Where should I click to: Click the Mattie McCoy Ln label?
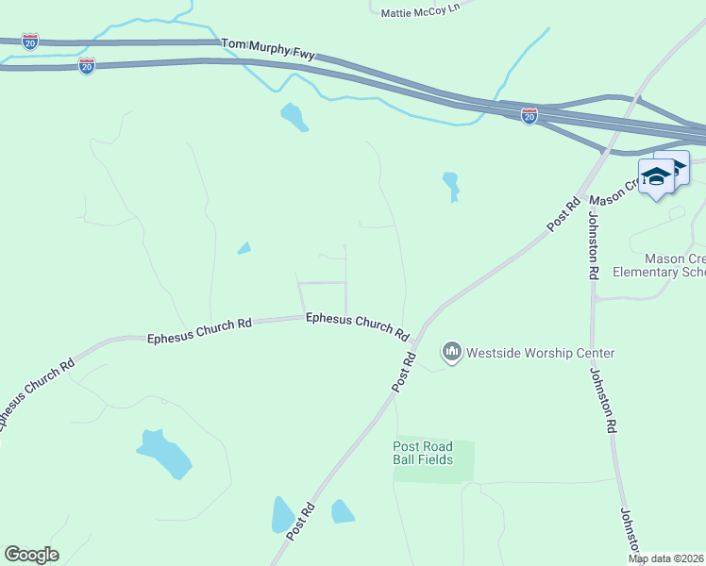click(x=419, y=10)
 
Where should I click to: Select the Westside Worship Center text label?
click(x=541, y=354)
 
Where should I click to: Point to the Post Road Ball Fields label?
click(x=423, y=453)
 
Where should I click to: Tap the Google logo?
click(x=31, y=555)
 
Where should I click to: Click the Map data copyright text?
click(x=666, y=558)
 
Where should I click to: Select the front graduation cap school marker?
click(x=656, y=176)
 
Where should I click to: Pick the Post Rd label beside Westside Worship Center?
click(x=404, y=372)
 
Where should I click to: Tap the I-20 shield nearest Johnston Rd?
click(x=529, y=115)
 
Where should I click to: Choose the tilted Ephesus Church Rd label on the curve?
click(x=38, y=393)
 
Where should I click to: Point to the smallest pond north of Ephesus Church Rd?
click(x=244, y=249)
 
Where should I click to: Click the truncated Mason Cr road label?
click(x=609, y=194)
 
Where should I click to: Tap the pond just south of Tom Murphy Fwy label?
click(x=294, y=117)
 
